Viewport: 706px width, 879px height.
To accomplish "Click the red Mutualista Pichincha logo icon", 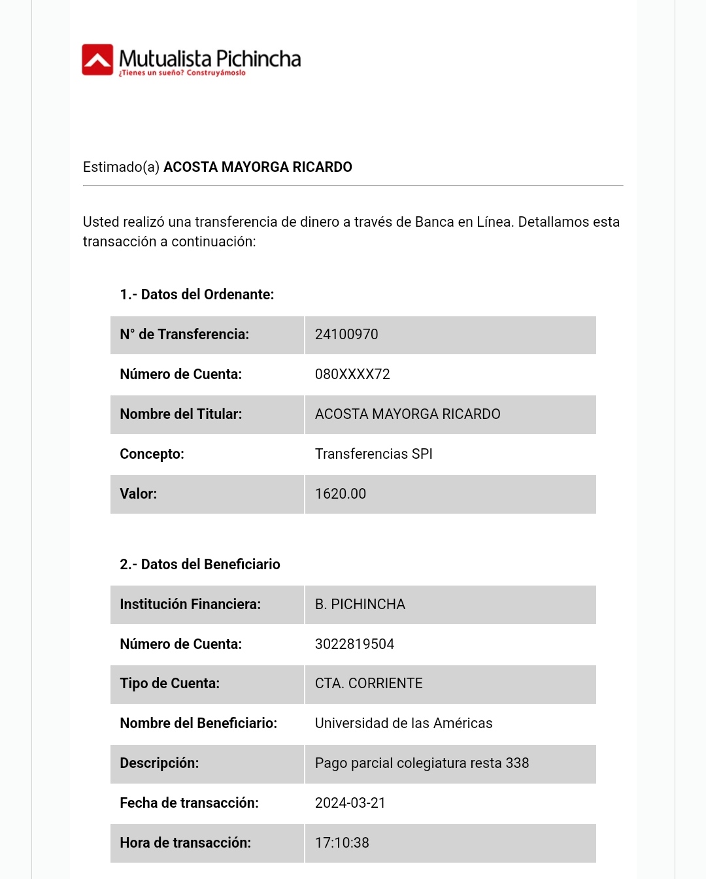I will pyautogui.click(x=97, y=60).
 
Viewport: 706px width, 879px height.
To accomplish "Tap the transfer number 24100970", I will pyautogui.click(x=346, y=335).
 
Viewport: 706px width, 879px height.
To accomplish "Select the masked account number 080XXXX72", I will pyautogui.click(x=352, y=374).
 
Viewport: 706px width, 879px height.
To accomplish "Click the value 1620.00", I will pyautogui.click(x=341, y=494).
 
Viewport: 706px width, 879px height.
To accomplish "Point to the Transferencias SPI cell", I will pyautogui.click(x=374, y=454).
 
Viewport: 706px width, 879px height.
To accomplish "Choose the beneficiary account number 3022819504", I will pyautogui.click(x=354, y=644).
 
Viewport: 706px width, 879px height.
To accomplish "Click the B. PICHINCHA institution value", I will pyautogui.click(x=360, y=605).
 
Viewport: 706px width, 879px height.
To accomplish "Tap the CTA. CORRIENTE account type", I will pyautogui.click(x=369, y=684).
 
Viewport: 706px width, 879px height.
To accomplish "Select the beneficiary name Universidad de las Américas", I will pyautogui.click(x=403, y=723).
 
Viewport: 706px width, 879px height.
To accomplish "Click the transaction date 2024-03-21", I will pyautogui.click(x=350, y=803).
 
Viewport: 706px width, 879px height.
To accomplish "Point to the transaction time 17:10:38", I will pyautogui.click(x=342, y=843).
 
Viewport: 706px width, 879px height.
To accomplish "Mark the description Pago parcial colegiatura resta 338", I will pyautogui.click(x=422, y=763).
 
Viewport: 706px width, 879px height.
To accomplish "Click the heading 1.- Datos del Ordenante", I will pyautogui.click(x=197, y=295).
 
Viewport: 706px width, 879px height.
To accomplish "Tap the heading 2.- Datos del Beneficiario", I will pyautogui.click(x=200, y=565).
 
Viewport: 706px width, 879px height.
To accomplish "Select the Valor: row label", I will pyautogui.click(x=139, y=494).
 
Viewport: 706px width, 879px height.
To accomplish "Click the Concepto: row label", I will pyautogui.click(x=152, y=454).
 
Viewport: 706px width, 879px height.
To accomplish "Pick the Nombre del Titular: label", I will pyautogui.click(x=181, y=414).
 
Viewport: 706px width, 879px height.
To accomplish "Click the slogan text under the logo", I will pyautogui.click(x=182, y=73).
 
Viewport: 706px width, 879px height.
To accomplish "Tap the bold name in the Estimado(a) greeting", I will pyautogui.click(x=258, y=167).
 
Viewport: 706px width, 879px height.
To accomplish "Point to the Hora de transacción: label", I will pyautogui.click(x=186, y=843).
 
